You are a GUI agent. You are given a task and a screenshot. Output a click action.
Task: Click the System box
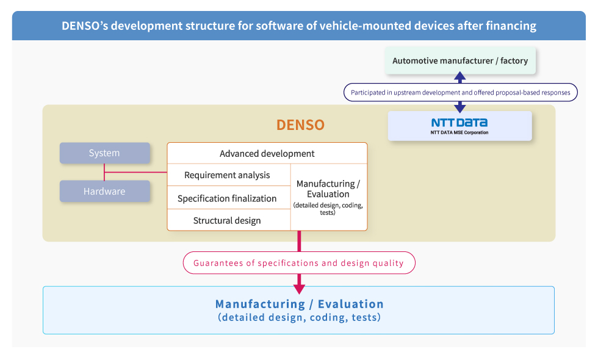tap(104, 153)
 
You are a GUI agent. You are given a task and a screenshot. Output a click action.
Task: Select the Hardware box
tap(104, 191)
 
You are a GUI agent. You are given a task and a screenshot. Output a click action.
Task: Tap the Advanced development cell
tap(267, 153)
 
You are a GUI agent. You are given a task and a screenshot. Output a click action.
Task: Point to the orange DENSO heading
tap(300, 124)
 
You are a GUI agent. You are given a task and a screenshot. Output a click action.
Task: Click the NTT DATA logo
tap(459, 123)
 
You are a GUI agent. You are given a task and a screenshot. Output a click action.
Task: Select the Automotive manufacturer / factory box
tap(460, 60)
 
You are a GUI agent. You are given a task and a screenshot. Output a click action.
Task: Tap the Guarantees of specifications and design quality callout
tap(299, 263)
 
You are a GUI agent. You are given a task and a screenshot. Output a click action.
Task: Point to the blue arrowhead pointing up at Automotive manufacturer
tap(460, 76)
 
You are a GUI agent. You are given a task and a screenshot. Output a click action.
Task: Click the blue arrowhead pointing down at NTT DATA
tap(460, 109)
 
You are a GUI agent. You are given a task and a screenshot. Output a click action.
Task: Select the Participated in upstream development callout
tap(461, 92)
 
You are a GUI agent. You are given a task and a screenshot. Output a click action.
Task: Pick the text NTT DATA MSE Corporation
tap(459, 133)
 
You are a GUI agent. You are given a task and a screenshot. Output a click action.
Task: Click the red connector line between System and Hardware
tap(104, 172)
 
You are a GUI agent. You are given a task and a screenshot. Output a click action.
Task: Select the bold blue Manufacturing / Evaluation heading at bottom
tap(300, 304)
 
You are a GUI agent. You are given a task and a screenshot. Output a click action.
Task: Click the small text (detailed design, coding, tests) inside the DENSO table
tap(328, 209)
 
